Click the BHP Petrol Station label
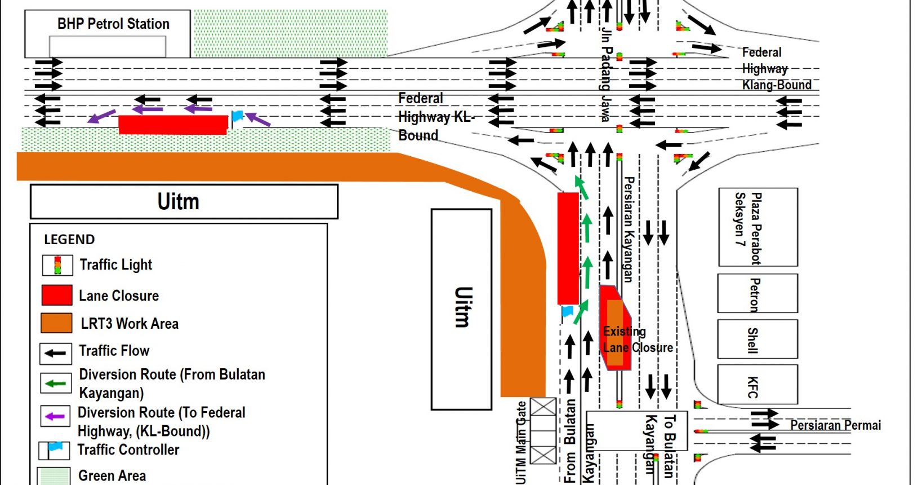point(113,24)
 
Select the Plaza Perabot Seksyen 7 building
point(758,227)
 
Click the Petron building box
point(757,293)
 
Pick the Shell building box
point(757,339)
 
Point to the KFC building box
point(757,385)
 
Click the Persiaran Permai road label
point(836,425)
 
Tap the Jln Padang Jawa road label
point(607,74)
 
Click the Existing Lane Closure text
point(638,339)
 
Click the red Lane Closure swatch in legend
point(57,295)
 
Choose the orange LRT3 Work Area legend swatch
point(56,323)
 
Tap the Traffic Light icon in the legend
point(58,265)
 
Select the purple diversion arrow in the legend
point(55,416)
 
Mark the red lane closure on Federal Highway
point(173,125)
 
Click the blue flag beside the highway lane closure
point(237,117)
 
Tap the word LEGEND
point(69,239)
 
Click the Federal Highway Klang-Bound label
point(777,69)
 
